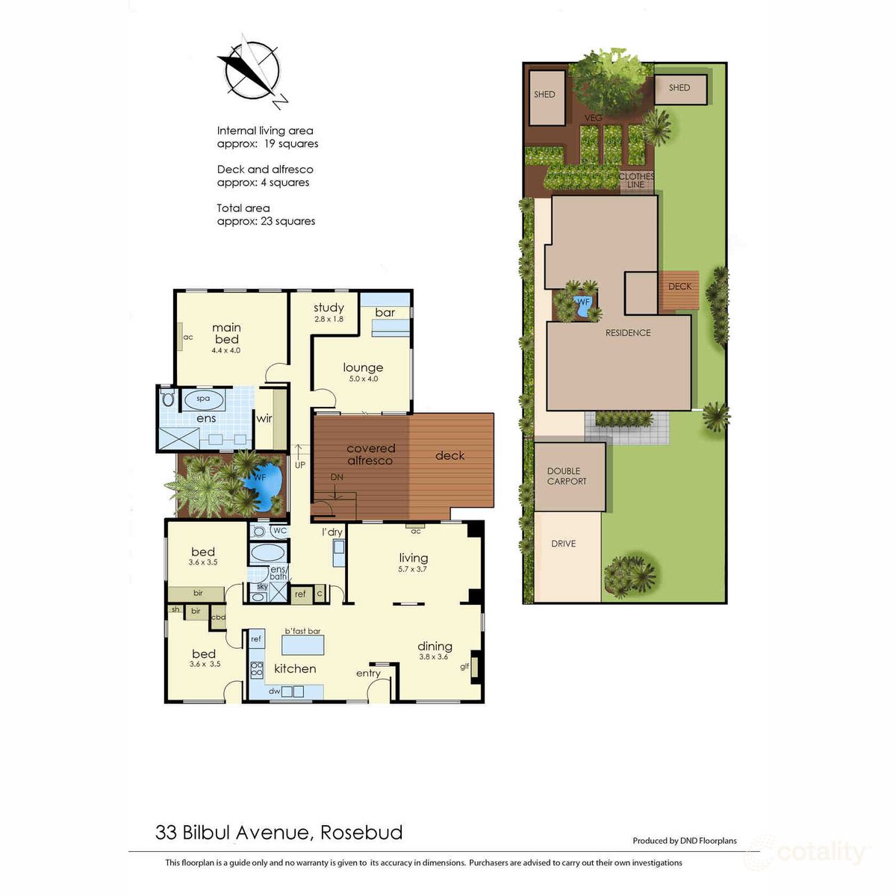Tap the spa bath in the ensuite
(x=203, y=399)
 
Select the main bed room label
(x=226, y=333)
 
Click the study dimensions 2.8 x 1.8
(x=329, y=319)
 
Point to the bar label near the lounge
(x=385, y=312)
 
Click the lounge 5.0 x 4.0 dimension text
(x=363, y=379)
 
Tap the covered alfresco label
(x=370, y=454)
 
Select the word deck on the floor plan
(x=449, y=455)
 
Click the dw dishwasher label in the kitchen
(x=275, y=691)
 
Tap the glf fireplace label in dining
(x=464, y=667)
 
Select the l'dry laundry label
(x=332, y=532)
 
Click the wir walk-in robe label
(x=264, y=418)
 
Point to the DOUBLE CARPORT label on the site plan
(x=567, y=476)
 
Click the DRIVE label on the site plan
(x=564, y=544)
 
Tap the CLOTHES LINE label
(x=636, y=180)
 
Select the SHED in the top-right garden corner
(x=679, y=88)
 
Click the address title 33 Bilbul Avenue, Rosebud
(x=279, y=832)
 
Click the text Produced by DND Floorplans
(x=684, y=841)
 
